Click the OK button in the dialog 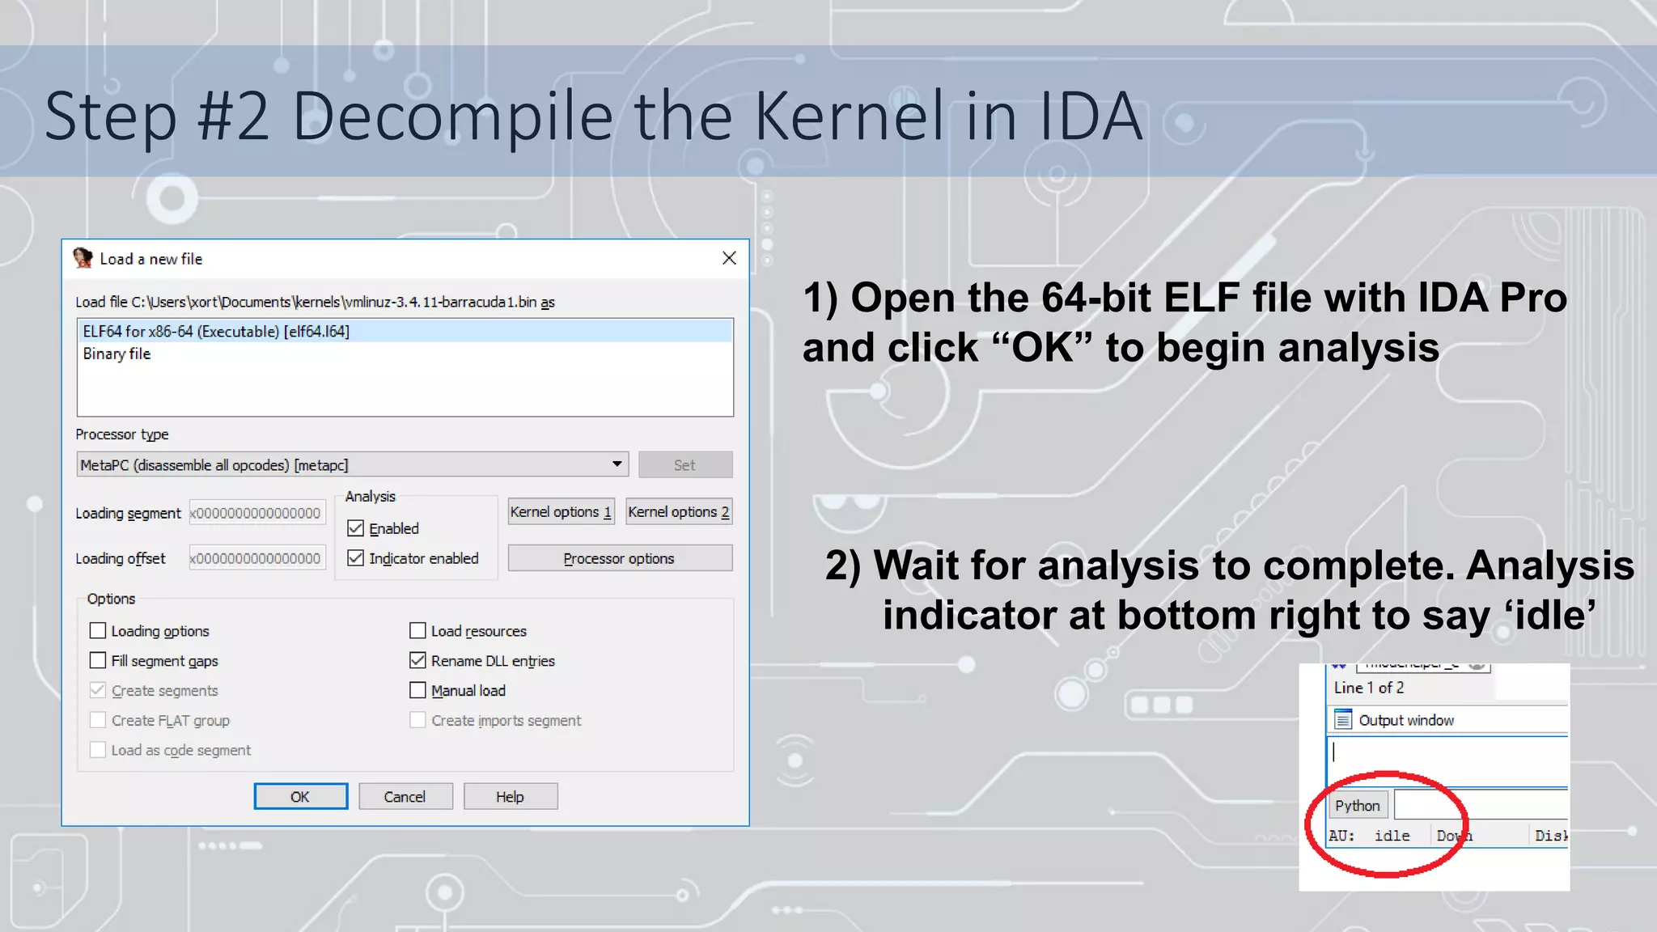coord(300,797)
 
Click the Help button coord(510,797)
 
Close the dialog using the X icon coord(729,258)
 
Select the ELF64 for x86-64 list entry coord(216,331)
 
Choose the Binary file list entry coord(117,354)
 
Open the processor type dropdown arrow coord(617,464)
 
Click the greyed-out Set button coord(684,465)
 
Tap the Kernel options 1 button coord(561,512)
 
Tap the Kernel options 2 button coord(679,512)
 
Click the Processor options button coord(619,558)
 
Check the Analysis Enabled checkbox coord(356,528)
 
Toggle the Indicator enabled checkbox coord(356,558)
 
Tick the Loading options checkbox coord(98,631)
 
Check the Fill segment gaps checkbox coord(98,661)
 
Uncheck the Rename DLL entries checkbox coord(417,661)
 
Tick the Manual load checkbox coord(417,691)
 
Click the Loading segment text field coord(256,513)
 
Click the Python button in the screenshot coord(1358,806)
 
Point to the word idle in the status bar coord(1392,836)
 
